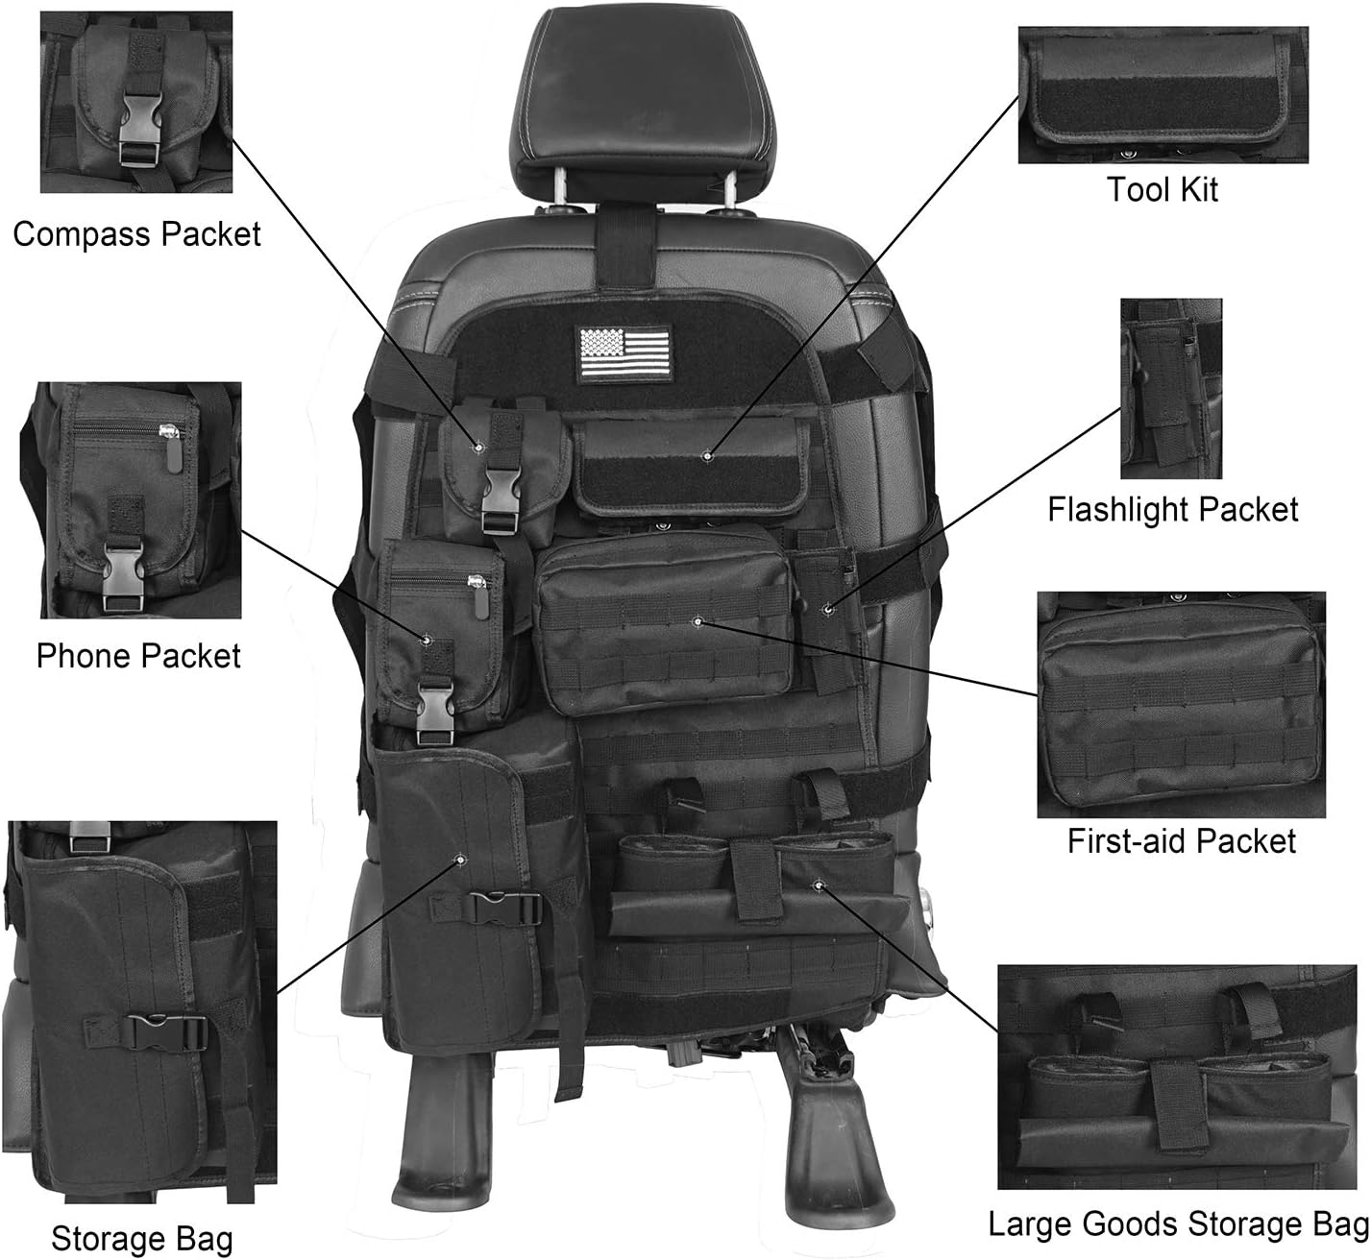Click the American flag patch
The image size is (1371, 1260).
tap(624, 356)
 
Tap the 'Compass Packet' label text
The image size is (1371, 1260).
tap(136, 234)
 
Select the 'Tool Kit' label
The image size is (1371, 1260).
tap(1162, 189)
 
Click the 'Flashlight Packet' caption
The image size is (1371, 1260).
tap(1172, 509)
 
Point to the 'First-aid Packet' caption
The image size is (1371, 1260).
tap(1181, 841)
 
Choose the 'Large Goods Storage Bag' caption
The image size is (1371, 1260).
tap(1178, 1224)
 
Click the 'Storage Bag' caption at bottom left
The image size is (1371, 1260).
tap(141, 1239)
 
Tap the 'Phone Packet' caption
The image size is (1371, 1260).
tap(138, 656)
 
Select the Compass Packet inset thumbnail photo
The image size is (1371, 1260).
tap(135, 102)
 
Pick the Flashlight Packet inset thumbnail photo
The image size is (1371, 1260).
tap(1170, 388)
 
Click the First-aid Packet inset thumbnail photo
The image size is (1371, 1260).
tap(1181, 704)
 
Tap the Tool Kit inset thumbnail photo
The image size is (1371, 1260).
tap(1163, 94)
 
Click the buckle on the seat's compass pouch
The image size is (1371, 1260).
tap(502, 486)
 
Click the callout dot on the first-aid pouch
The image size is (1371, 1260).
tap(697, 621)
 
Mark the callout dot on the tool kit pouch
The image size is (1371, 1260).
tap(707, 455)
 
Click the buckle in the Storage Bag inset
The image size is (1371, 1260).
tap(169, 1033)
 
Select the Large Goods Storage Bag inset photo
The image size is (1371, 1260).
tap(1183, 1077)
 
